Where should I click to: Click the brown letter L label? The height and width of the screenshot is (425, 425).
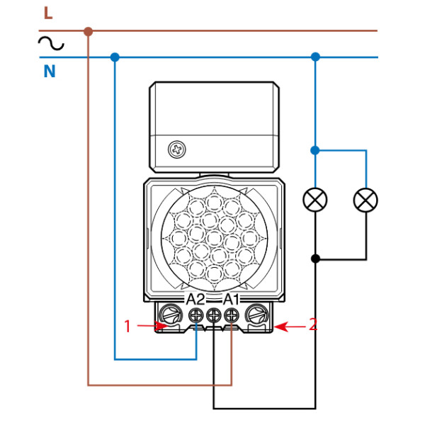pyautogui.click(x=47, y=13)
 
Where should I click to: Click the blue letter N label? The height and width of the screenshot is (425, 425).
pyautogui.click(x=49, y=71)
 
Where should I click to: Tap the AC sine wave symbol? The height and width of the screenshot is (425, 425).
pyautogui.click(x=51, y=45)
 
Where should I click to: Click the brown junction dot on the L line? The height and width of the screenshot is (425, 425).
pyautogui.click(x=88, y=31)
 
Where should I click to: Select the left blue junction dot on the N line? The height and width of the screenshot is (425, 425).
pyautogui.click(x=115, y=57)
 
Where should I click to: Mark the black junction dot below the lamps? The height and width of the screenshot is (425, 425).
pyautogui.click(x=315, y=259)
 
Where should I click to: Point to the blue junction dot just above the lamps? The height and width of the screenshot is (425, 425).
pyautogui.click(x=315, y=150)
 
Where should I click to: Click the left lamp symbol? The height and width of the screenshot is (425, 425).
pyautogui.click(x=315, y=200)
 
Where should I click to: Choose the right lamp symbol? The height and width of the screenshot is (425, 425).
pyautogui.click(x=365, y=200)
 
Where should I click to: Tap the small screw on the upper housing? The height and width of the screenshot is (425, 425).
pyautogui.click(x=175, y=149)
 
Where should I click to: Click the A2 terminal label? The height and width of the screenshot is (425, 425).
pyautogui.click(x=195, y=299)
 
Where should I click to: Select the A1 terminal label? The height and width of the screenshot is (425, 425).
pyautogui.click(x=231, y=299)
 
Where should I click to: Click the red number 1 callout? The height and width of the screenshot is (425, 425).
pyautogui.click(x=127, y=326)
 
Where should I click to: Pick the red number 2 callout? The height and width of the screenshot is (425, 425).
pyautogui.click(x=313, y=325)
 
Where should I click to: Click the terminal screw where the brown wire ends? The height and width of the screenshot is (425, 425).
pyautogui.click(x=230, y=316)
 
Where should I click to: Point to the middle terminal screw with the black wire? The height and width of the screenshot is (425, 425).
pyautogui.click(x=213, y=316)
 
